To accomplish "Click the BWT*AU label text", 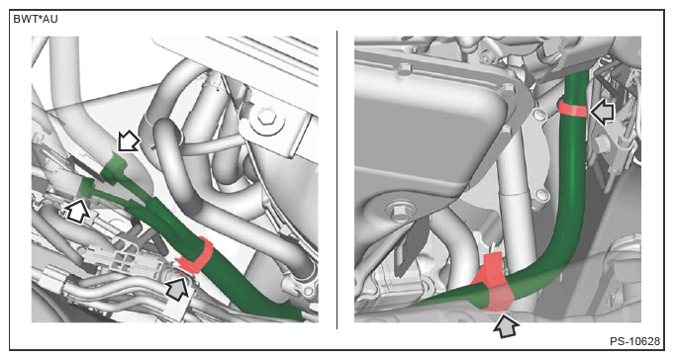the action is point(36,19).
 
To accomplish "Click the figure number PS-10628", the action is point(634,341).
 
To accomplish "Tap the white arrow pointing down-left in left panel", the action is point(129,140).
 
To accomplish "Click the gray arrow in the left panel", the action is point(178,288).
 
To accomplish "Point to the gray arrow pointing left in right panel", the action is point(604,112).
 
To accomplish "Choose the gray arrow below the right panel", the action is point(506,326).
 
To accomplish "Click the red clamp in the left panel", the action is point(196,256).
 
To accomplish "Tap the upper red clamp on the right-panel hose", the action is point(573,108).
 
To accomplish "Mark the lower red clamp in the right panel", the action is point(493,284).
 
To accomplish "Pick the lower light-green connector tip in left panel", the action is point(87,187).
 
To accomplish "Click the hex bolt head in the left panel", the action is point(266,115).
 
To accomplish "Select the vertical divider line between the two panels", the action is point(337,180).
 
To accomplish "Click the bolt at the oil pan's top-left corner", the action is point(403,69).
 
